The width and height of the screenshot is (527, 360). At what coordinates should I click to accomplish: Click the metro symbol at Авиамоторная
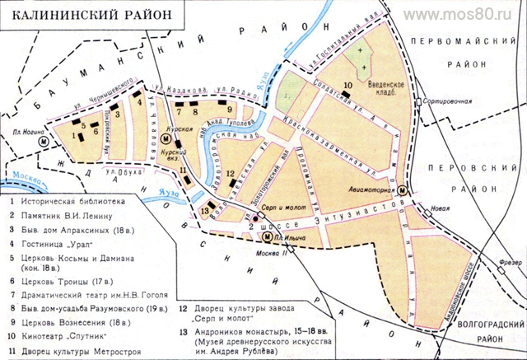(401, 190)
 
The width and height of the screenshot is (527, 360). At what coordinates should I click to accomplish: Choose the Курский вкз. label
(172, 154)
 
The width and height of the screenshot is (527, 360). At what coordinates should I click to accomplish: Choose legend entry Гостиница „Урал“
(58, 243)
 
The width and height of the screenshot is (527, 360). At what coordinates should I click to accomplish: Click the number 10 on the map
(348, 85)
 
